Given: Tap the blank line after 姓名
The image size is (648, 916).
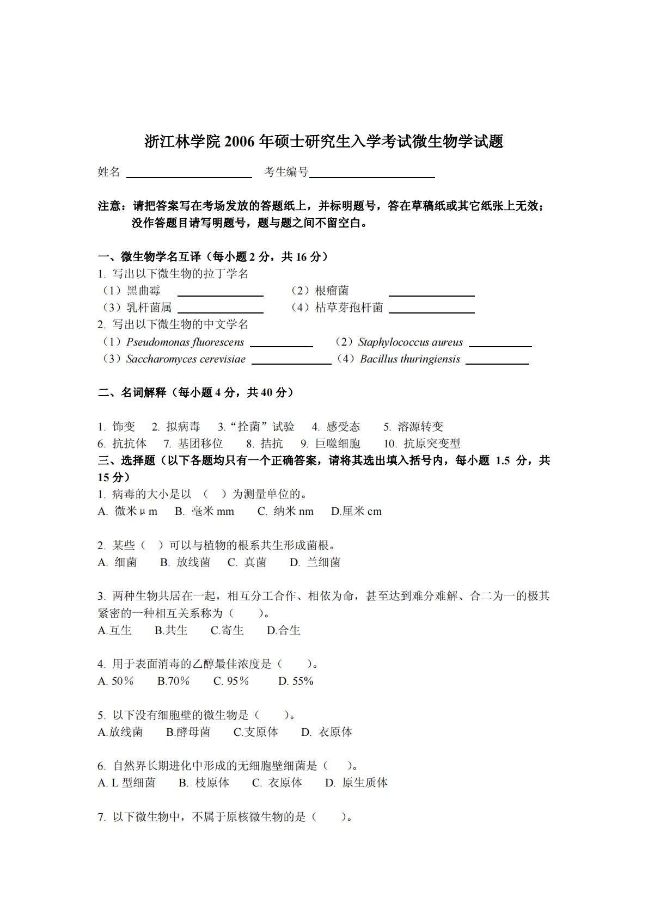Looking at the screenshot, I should point(189,176).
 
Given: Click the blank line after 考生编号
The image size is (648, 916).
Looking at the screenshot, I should point(372,176).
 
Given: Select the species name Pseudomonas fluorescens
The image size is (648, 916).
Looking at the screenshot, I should point(185,342).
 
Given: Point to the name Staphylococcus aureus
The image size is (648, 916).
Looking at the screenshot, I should point(411,342).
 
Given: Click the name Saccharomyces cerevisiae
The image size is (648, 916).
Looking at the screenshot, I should point(186,359).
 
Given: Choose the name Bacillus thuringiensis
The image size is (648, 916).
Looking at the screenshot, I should point(410,359).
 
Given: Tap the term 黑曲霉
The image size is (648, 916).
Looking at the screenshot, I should point(144,291).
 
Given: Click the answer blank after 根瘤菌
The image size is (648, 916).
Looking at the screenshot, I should point(431,295).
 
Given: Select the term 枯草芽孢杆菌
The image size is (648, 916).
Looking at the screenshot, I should point(349,308).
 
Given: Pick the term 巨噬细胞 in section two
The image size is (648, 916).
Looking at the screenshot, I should point(338,444).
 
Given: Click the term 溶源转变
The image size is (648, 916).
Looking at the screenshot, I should point(420,427).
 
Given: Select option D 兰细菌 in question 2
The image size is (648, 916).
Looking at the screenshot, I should point(315,562).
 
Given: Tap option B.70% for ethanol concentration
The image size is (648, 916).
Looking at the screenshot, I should point(173,681).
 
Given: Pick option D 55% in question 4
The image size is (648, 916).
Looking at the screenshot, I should point(296,681).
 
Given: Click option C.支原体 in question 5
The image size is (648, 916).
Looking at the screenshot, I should point(255,732).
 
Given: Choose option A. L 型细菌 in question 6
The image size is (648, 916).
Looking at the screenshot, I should point(127,783).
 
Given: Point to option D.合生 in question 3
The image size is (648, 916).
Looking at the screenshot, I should point(283,630).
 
